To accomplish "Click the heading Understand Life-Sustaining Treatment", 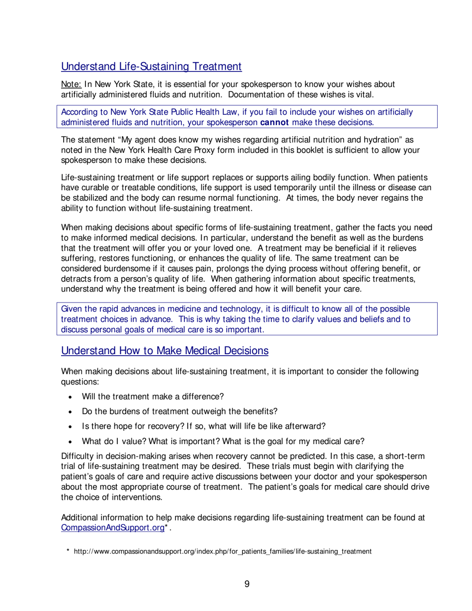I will pos(151,66).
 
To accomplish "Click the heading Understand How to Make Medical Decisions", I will pos(164,351).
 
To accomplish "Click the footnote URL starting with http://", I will pos(223,551).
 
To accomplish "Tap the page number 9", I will pos(247,584).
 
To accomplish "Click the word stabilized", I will pos(92,198).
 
